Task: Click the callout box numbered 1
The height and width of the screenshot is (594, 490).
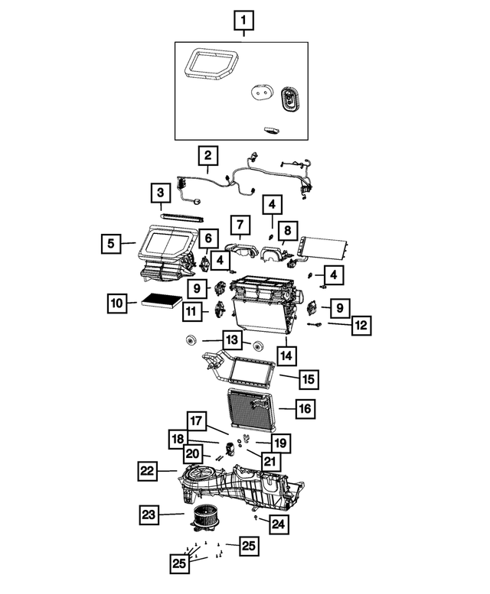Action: click(x=244, y=19)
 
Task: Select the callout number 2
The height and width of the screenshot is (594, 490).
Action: click(x=207, y=156)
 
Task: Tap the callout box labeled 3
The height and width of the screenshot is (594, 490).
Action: click(x=160, y=192)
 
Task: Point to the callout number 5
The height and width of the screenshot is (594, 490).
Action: click(x=111, y=244)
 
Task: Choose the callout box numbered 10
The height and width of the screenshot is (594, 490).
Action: click(x=116, y=303)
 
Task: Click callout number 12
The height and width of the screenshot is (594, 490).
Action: click(x=362, y=325)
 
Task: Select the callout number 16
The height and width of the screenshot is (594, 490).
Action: click(x=305, y=409)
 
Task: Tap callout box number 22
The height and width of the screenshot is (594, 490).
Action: click(x=149, y=471)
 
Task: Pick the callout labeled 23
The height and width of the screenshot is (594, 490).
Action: click(x=150, y=515)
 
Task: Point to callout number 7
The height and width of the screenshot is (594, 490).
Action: click(x=240, y=225)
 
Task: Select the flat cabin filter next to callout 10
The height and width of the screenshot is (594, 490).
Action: click(x=161, y=303)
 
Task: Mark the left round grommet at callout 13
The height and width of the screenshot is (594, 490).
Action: click(x=191, y=341)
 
